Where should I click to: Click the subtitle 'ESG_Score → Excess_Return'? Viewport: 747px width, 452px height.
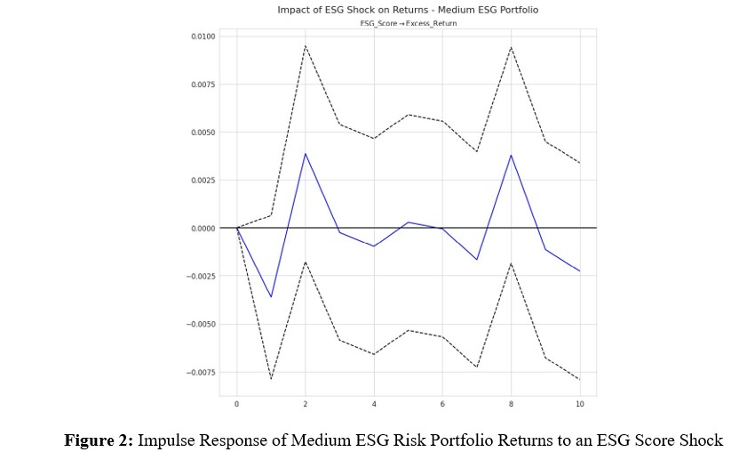pyautogui.click(x=408, y=23)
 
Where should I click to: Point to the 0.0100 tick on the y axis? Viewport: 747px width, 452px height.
pyautogui.click(x=203, y=36)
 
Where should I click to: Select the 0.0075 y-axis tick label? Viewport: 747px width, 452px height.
pyautogui.click(x=203, y=85)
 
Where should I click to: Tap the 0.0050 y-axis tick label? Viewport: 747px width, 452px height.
pyautogui.click(x=203, y=133)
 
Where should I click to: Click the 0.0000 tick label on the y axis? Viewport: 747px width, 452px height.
pyautogui.click(x=203, y=229)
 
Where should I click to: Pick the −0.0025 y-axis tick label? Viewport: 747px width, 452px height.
pyautogui.click(x=201, y=277)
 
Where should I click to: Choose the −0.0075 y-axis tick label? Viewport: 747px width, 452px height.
pyautogui.click(x=201, y=373)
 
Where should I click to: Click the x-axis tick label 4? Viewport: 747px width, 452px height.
pyautogui.click(x=374, y=404)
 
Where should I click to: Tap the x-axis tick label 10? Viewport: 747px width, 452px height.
pyautogui.click(x=579, y=404)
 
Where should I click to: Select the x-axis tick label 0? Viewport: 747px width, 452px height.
pyautogui.click(x=237, y=404)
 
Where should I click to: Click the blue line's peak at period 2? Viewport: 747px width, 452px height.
pyautogui.click(x=306, y=153)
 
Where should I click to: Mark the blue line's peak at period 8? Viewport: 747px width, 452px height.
pyautogui.click(x=511, y=155)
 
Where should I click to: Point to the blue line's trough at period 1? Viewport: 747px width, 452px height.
pyautogui.click(x=271, y=297)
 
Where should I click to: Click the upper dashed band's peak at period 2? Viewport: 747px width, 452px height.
pyautogui.click(x=306, y=45)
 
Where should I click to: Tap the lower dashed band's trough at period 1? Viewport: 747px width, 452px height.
pyautogui.click(x=271, y=379)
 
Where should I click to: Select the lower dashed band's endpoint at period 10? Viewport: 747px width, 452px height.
pyautogui.click(x=579, y=380)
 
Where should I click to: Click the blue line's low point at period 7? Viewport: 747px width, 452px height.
pyautogui.click(x=477, y=260)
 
